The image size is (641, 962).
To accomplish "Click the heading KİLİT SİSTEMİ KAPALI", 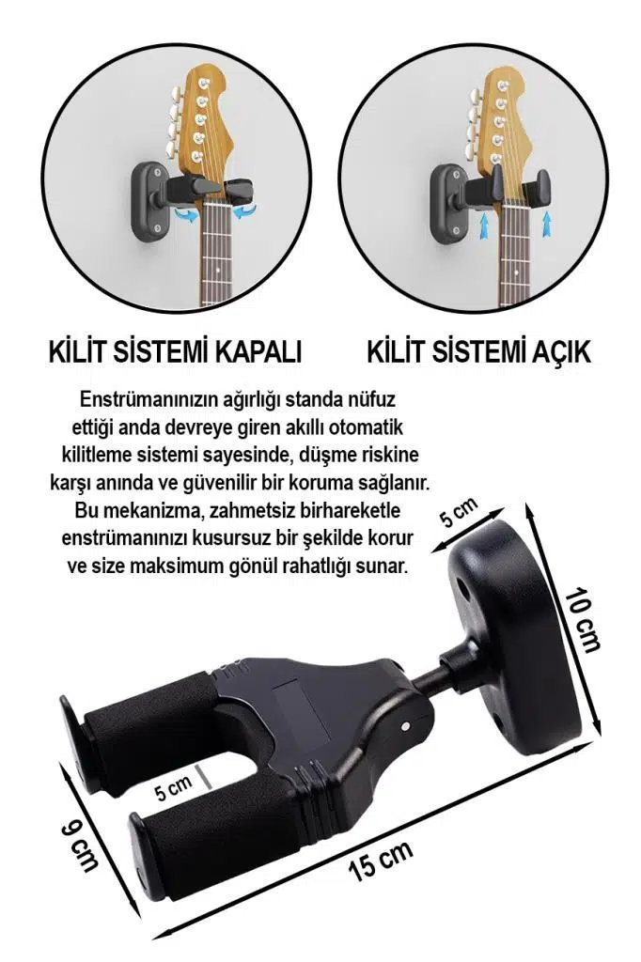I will [175, 352].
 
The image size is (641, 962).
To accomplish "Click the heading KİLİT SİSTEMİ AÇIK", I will [479, 352].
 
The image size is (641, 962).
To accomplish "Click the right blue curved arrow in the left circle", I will [246, 214].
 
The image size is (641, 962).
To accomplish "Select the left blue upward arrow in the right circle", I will [483, 223].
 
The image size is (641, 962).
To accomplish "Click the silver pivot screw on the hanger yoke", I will [404, 725].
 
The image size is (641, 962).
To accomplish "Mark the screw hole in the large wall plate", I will [466, 584].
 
